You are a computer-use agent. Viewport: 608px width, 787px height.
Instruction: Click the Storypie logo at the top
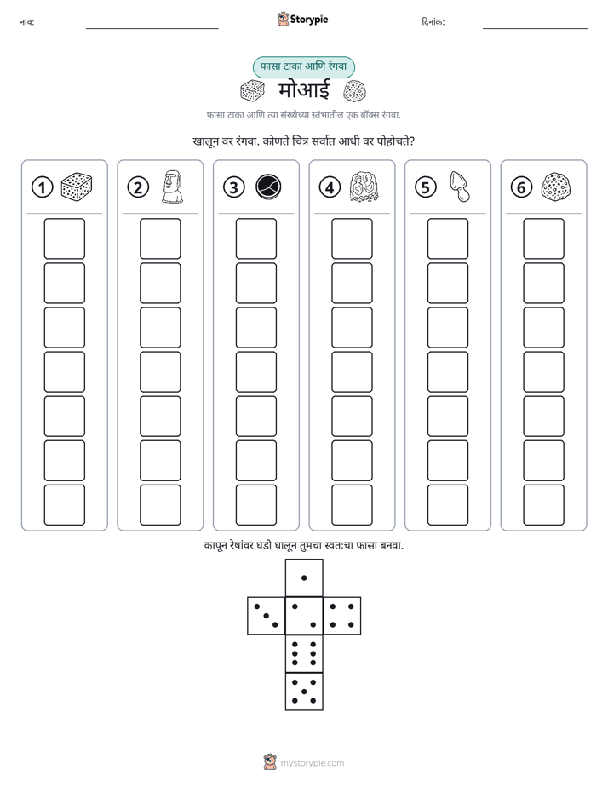pos(302,19)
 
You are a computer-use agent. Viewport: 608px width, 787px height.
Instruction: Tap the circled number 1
pos(42,187)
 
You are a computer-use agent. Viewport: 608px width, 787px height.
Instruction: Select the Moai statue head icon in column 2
pos(172,187)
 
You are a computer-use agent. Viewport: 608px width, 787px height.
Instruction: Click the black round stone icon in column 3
pos(268,187)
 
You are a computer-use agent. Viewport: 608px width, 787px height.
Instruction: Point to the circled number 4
pos(330,187)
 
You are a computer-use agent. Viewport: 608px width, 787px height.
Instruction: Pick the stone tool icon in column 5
pos(460,187)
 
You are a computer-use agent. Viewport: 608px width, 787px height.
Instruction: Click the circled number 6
pos(521,187)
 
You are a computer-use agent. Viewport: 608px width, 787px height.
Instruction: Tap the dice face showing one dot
pos(304,577)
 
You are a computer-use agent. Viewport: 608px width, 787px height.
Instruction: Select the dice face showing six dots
pos(304,653)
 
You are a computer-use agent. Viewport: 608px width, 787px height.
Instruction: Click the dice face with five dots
pos(304,692)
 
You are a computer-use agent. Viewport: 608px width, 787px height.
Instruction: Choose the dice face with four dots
pos(342,616)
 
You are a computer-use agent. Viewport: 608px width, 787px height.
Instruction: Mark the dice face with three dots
pos(266,616)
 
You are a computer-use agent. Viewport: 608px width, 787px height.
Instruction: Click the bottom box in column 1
pos(64,505)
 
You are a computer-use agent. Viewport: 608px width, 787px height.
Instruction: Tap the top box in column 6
pos(544,238)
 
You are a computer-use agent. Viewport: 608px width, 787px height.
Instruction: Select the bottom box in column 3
pos(255,505)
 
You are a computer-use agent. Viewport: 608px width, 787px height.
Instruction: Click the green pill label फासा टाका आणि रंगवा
pos(304,66)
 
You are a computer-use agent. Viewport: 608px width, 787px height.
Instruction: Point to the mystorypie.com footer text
pos(312,763)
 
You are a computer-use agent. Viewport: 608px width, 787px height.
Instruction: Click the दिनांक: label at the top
pos(433,21)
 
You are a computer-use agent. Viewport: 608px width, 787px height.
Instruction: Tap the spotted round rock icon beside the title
pos(354,91)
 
